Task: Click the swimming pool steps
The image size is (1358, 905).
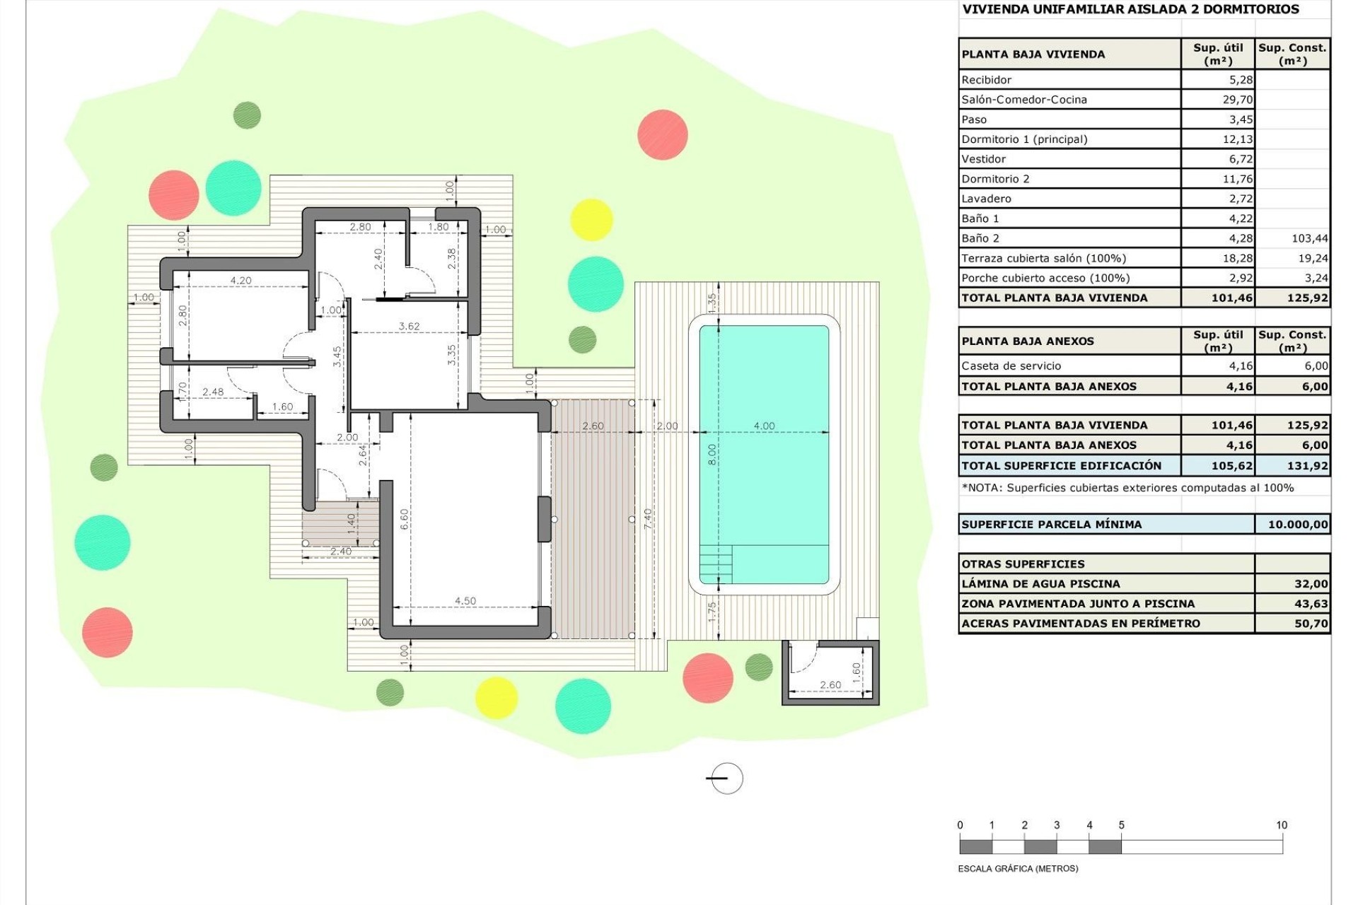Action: point(715,564)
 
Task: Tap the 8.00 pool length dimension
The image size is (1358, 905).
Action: point(712,454)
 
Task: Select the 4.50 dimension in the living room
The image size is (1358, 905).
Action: point(465,601)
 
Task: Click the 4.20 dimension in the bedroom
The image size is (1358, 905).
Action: point(240,281)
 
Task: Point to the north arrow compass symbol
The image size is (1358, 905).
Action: point(725,778)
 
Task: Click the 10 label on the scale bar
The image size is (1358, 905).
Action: point(1281,825)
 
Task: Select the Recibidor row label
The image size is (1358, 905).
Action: point(986,80)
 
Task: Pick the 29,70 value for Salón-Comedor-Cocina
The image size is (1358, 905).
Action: point(1237,100)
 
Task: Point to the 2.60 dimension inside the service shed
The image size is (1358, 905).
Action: point(830,684)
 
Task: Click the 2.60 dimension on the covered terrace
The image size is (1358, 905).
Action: point(593,426)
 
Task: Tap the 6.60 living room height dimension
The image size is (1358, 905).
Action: point(405,520)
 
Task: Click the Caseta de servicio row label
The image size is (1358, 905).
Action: point(1011,366)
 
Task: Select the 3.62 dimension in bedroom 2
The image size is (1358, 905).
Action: point(409,327)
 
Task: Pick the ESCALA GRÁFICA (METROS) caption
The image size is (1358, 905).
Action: point(1017,868)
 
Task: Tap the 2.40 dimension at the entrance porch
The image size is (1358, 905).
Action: point(340,551)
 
